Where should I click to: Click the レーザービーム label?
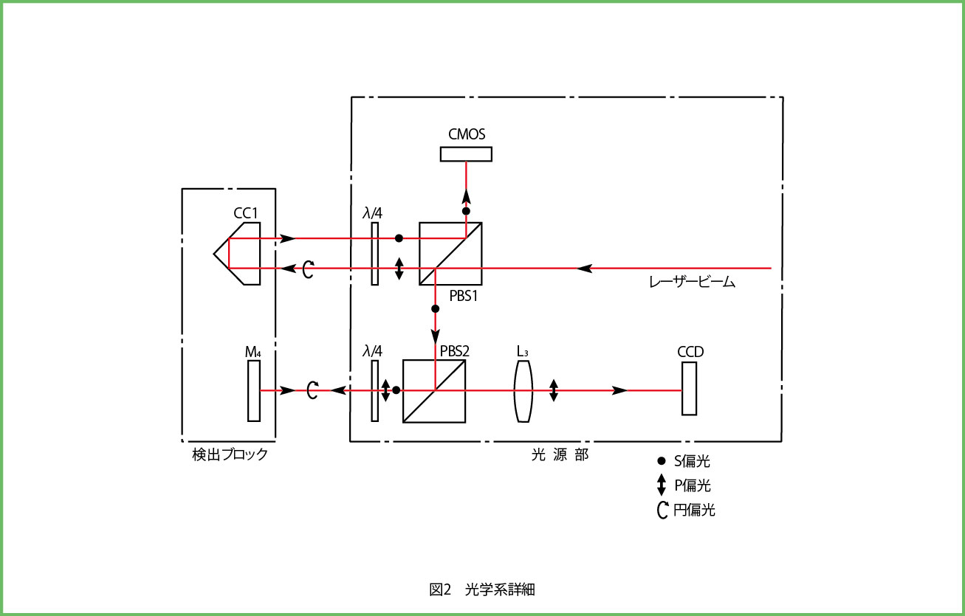click(x=692, y=282)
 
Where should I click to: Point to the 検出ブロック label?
click(x=230, y=454)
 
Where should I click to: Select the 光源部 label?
click(x=560, y=454)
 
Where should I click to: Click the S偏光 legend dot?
click(x=662, y=461)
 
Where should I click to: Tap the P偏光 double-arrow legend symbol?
click(x=662, y=485)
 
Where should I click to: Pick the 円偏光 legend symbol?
click(x=662, y=510)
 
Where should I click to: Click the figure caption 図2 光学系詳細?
click(x=482, y=589)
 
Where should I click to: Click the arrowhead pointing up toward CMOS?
click(x=466, y=196)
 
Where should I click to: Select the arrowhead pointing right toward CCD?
click(x=619, y=390)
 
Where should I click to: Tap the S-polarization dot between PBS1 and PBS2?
click(x=435, y=308)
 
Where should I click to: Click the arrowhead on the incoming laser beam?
click(x=584, y=269)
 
